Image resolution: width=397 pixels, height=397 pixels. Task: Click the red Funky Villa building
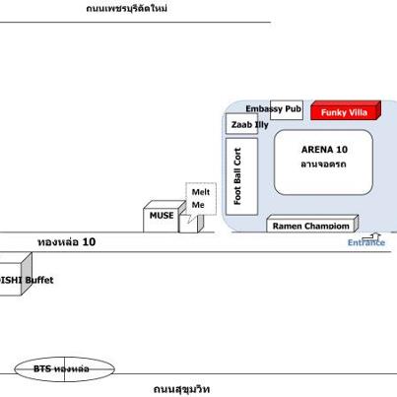pos(346,110)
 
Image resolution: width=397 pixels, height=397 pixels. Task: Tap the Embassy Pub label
pos(274,108)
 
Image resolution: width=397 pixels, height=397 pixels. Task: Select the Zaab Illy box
pos(241,124)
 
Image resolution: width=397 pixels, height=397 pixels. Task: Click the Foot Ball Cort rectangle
pos(241,176)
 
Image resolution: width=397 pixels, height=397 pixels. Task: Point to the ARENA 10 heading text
pos(324,150)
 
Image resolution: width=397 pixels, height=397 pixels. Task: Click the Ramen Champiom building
pos(312,224)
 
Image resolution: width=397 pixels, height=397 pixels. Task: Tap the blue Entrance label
pos(366,242)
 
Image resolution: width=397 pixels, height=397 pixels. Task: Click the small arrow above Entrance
pos(371,236)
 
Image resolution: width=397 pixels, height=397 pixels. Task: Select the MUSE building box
pos(165,216)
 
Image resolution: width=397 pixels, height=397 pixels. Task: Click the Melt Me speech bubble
pos(201,199)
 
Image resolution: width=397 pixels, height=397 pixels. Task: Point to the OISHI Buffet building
pos(15,275)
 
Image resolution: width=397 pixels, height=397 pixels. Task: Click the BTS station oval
pos(65,369)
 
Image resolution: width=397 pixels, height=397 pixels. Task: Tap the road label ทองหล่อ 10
pos(66,242)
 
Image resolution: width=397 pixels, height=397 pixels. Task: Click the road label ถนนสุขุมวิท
pos(181,389)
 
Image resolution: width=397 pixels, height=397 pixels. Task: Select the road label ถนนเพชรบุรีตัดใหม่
pos(127,8)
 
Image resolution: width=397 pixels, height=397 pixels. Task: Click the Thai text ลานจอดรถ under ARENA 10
pos(323,164)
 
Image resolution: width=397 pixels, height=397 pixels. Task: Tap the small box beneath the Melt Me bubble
pos(191,224)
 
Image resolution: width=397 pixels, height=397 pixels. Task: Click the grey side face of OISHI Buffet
pos(27,273)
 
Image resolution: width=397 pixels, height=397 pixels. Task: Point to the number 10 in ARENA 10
pos(342,150)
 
